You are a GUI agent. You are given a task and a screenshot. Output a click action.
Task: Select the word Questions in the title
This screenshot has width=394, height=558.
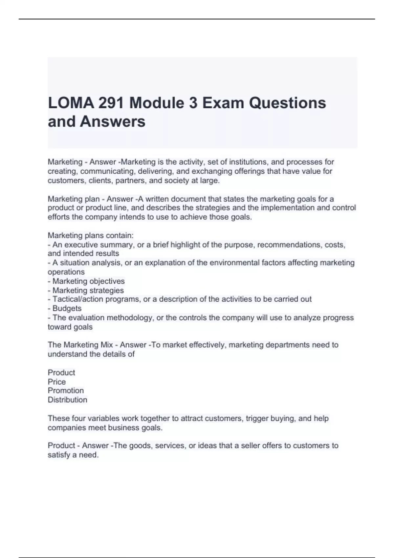click(x=287, y=103)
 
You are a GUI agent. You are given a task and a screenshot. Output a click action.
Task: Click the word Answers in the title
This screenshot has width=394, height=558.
click(x=113, y=121)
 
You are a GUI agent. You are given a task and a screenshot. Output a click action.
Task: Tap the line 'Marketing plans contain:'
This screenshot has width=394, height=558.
click(x=91, y=235)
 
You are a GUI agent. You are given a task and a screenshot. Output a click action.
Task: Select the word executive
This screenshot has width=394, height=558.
click(x=80, y=245)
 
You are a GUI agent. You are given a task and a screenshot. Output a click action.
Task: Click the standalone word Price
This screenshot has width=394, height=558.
click(x=56, y=382)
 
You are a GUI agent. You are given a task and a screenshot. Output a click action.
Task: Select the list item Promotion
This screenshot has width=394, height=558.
click(x=66, y=391)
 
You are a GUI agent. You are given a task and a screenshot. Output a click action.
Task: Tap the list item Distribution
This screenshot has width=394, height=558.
click(x=67, y=400)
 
